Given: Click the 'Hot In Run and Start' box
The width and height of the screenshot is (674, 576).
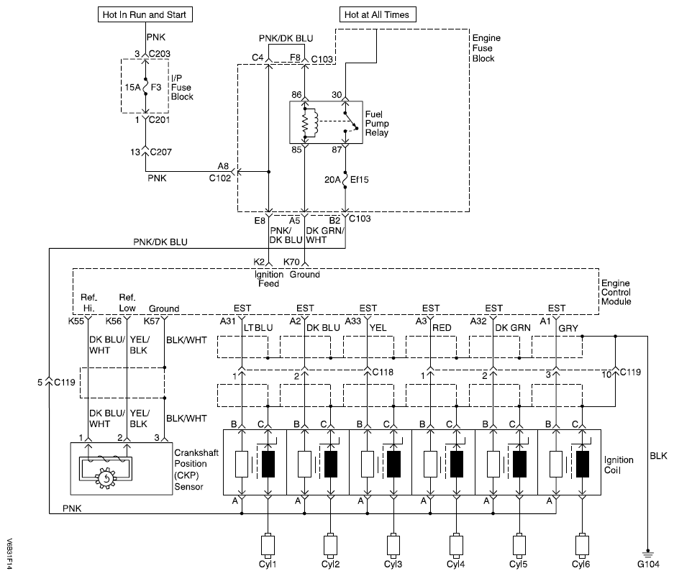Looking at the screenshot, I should click(149, 14).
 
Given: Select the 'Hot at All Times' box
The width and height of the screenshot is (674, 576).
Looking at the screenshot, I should click(378, 14).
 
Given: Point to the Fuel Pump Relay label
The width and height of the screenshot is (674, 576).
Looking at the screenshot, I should click(378, 124).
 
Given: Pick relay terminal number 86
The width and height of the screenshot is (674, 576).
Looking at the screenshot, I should click(296, 95).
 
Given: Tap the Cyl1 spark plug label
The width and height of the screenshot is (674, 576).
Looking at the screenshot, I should click(268, 563).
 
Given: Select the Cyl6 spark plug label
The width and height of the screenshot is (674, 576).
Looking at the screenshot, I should click(581, 563).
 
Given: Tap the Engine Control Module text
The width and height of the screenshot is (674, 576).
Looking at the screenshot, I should click(617, 292).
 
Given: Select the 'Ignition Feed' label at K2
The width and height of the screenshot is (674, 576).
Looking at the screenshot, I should click(269, 279).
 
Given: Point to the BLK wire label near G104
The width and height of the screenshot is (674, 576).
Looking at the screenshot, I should click(657, 456).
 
